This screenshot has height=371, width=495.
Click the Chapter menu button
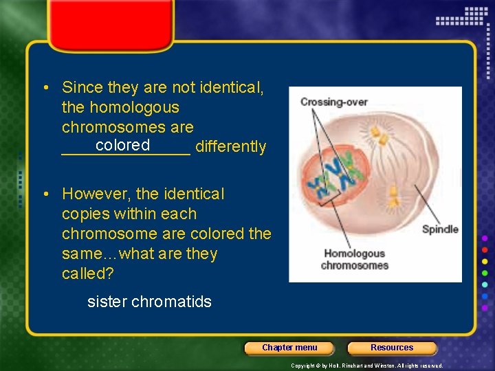pos(289,348)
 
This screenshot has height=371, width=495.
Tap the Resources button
pos(392,348)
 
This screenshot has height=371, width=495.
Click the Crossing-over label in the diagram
pos(331,102)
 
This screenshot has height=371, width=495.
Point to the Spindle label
pos(440,229)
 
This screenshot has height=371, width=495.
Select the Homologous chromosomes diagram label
pos(355,259)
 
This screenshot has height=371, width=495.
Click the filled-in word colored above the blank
pos(123,145)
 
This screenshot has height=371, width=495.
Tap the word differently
pos(231,147)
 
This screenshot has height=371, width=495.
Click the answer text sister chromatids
pos(149,302)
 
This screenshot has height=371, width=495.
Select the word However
pos(93,194)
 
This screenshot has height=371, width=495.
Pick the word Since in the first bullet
pos(80,87)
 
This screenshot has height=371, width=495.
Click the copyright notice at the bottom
pos(366,366)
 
